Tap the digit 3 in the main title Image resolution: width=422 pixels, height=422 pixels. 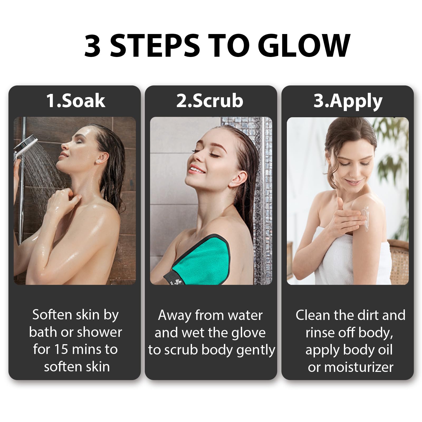tap(92, 45)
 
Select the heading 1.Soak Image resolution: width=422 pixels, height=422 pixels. tap(76, 100)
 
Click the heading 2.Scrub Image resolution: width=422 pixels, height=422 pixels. tap(210, 100)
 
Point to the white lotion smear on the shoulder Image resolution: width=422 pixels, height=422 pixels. tap(365, 219)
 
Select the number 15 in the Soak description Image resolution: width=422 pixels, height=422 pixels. tap(61, 349)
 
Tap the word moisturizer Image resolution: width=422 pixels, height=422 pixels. tap(359, 367)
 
